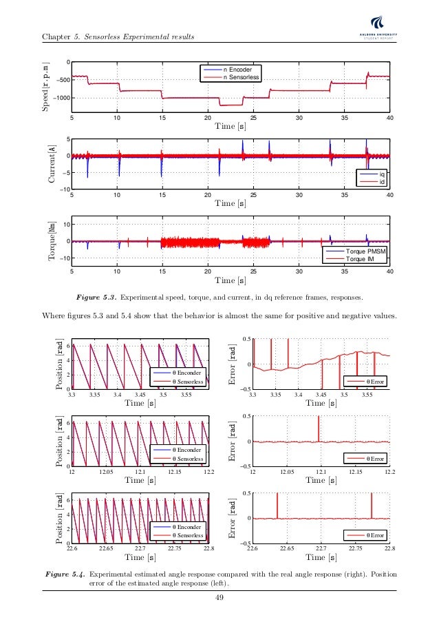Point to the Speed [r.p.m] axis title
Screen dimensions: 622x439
tap(46, 87)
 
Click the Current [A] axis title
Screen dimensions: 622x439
tap(50, 164)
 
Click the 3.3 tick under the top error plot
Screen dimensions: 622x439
tap(252, 395)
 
